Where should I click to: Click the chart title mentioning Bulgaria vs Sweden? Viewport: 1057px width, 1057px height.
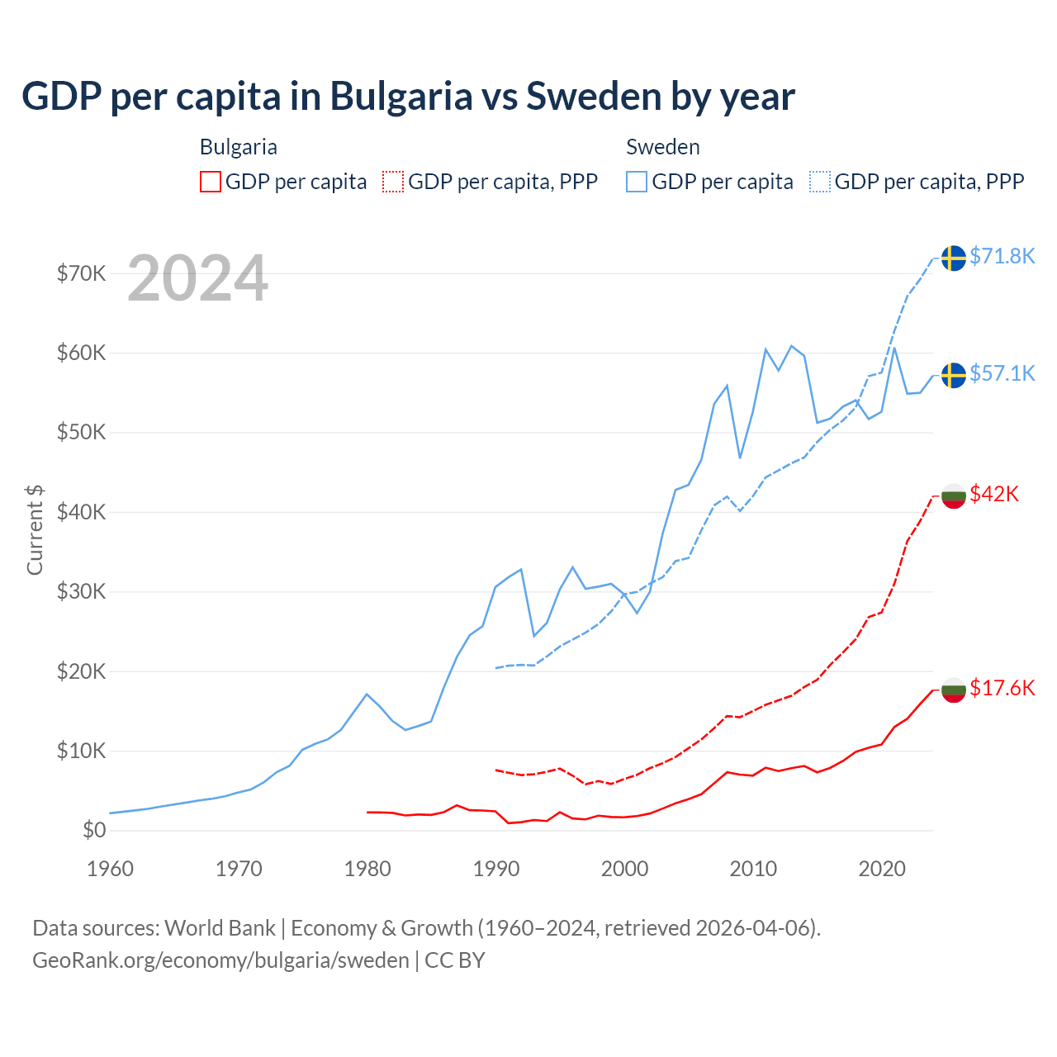pyautogui.click(x=408, y=97)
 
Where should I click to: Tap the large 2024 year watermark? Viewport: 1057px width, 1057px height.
pyautogui.click(x=198, y=278)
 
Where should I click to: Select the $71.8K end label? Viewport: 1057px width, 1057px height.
pyautogui.click(x=1002, y=256)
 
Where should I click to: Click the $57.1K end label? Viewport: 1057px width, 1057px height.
pyautogui.click(x=1002, y=373)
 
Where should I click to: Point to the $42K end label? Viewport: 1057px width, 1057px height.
pyautogui.click(x=994, y=494)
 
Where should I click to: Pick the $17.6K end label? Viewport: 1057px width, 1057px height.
pyautogui.click(x=1002, y=688)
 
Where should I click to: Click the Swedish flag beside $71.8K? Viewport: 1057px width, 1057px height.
pyautogui.click(x=954, y=258)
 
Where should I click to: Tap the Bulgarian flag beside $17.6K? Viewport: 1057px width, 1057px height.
pyautogui.click(x=954, y=690)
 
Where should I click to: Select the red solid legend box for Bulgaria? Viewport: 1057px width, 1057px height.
pyautogui.click(x=211, y=182)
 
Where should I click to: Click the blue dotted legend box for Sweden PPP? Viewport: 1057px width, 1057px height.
pyautogui.click(x=820, y=182)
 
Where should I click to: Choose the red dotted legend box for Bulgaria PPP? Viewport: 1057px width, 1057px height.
pyautogui.click(x=393, y=182)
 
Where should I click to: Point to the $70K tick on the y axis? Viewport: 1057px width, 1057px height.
pyautogui.click(x=82, y=273)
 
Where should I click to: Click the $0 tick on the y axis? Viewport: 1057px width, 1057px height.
pyautogui.click(x=94, y=830)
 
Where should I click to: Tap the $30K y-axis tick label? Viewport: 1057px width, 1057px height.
pyautogui.click(x=82, y=591)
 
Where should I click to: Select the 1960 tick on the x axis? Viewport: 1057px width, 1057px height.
pyautogui.click(x=111, y=869)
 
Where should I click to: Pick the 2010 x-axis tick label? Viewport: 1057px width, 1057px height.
pyautogui.click(x=753, y=869)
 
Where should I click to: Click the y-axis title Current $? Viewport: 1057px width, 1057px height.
pyautogui.click(x=35, y=529)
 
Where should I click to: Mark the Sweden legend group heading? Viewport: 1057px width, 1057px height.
pyautogui.click(x=663, y=147)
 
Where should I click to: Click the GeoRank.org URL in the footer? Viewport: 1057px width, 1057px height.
pyautogui.click(x=220, y=960)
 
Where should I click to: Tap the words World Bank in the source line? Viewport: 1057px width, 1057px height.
pyautogui.click(x=220, y=928)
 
